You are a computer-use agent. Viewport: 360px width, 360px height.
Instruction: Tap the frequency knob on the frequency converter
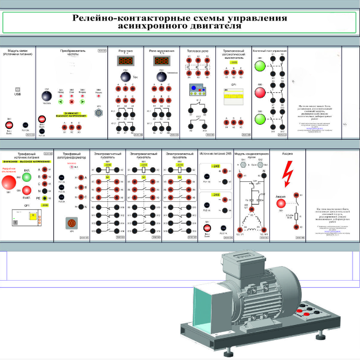[x=47, y=97]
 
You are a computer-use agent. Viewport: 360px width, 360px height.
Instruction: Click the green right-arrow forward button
[x=83, y=101]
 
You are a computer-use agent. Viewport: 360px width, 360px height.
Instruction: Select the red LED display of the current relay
[x=125, y=62]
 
